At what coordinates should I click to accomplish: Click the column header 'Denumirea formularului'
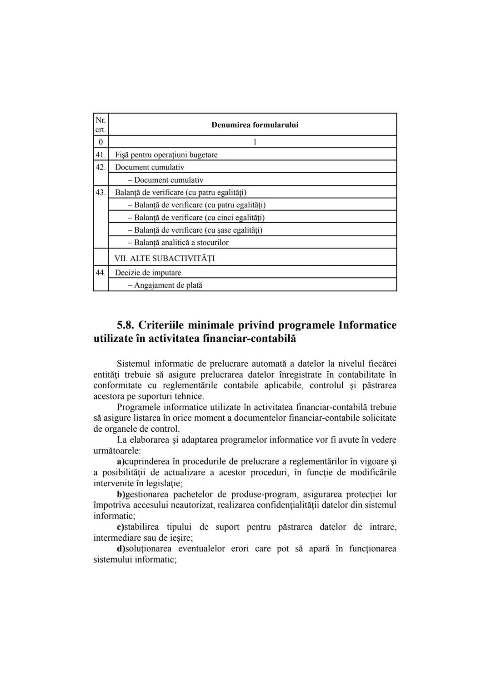pos(255,125)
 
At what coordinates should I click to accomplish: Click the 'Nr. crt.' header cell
pos(100,125)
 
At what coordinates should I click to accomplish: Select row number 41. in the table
pos(100,155)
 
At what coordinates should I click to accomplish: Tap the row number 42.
pos(100,167)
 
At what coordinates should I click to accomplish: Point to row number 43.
pos(100,192)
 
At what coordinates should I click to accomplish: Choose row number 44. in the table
pos(100,273)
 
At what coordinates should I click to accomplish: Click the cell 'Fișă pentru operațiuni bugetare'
pos(166,155)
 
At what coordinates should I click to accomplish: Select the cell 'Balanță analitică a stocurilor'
pos(181,243)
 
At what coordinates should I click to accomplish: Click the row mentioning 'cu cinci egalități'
pos(199,217)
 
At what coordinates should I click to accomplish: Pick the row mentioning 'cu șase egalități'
pos(198,230)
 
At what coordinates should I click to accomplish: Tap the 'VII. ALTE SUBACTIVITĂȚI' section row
pos(165,259)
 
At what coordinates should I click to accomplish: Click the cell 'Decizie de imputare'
pos(148,273)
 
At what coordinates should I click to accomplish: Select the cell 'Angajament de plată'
pos(168,285)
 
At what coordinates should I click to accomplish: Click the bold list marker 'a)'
pos(121,462)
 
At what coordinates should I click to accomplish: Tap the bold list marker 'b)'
pos(121,494)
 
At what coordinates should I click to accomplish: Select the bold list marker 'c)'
pos(120,527)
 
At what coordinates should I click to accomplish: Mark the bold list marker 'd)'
pos(121,548)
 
